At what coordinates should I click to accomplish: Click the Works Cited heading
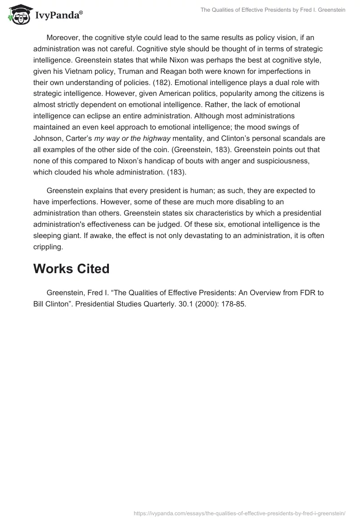tap(71, 269)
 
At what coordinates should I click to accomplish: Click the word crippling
tap(48, 246)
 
